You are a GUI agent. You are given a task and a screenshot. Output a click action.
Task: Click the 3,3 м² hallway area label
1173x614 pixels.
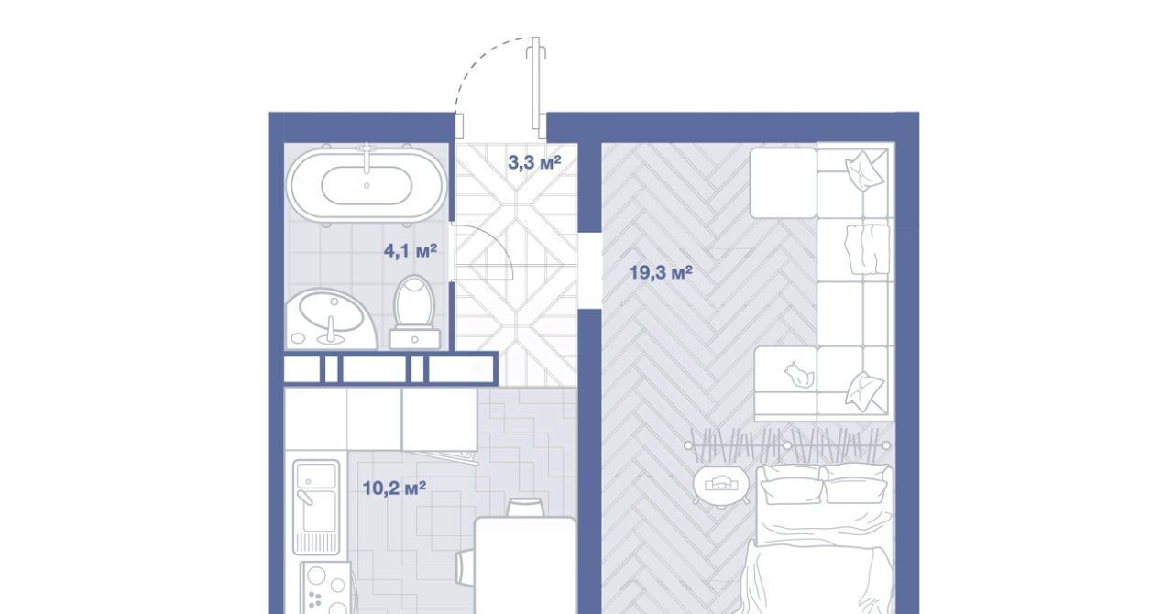534,163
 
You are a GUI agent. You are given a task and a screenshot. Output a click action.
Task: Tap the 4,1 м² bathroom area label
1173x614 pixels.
411,251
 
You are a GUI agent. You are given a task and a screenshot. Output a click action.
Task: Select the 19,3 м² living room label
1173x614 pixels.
661,272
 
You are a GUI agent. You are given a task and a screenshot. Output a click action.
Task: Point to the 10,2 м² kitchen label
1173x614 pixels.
394,488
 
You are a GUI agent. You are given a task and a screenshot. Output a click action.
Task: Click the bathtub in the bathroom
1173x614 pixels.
367,184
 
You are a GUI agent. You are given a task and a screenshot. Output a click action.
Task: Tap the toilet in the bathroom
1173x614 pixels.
415,312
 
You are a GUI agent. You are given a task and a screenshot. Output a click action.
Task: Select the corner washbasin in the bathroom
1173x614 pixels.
331,319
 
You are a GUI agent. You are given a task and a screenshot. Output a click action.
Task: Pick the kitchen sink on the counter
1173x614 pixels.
316,507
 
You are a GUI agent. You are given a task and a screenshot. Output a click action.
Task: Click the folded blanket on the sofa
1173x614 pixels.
867,249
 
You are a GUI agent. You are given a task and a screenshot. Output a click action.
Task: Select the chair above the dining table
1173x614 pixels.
525,507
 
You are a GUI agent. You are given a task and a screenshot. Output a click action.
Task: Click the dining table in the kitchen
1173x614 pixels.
525,565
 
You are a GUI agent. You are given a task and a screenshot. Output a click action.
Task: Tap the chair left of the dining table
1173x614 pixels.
466,567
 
